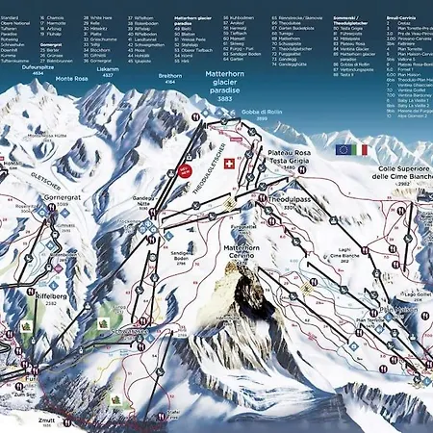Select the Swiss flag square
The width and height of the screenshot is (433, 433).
click(228, 164)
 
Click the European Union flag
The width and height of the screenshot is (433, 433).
click(344, 150)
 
